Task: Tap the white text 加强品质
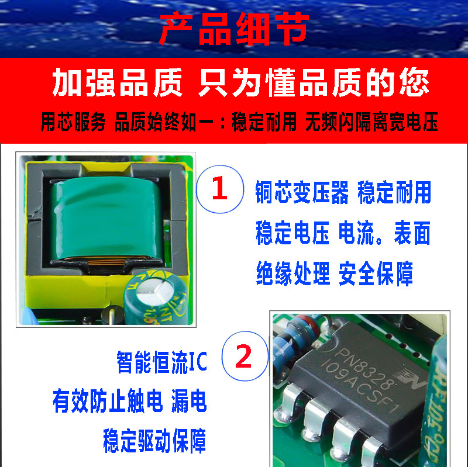tap(117, 82)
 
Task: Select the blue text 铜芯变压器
tap(302, 192)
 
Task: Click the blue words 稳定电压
tap(292, 233)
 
